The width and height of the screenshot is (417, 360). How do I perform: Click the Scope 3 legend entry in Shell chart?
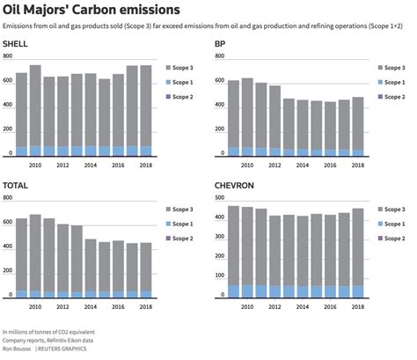pyautogui.click(x=186, y=68)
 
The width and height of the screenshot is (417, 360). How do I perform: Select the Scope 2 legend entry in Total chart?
pyautogui.click(x=186, y=239)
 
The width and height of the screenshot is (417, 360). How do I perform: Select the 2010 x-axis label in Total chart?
pyautogui.click(x=35, y=307)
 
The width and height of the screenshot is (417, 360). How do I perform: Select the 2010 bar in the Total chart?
pyautogui.click(x=35, y=255)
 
